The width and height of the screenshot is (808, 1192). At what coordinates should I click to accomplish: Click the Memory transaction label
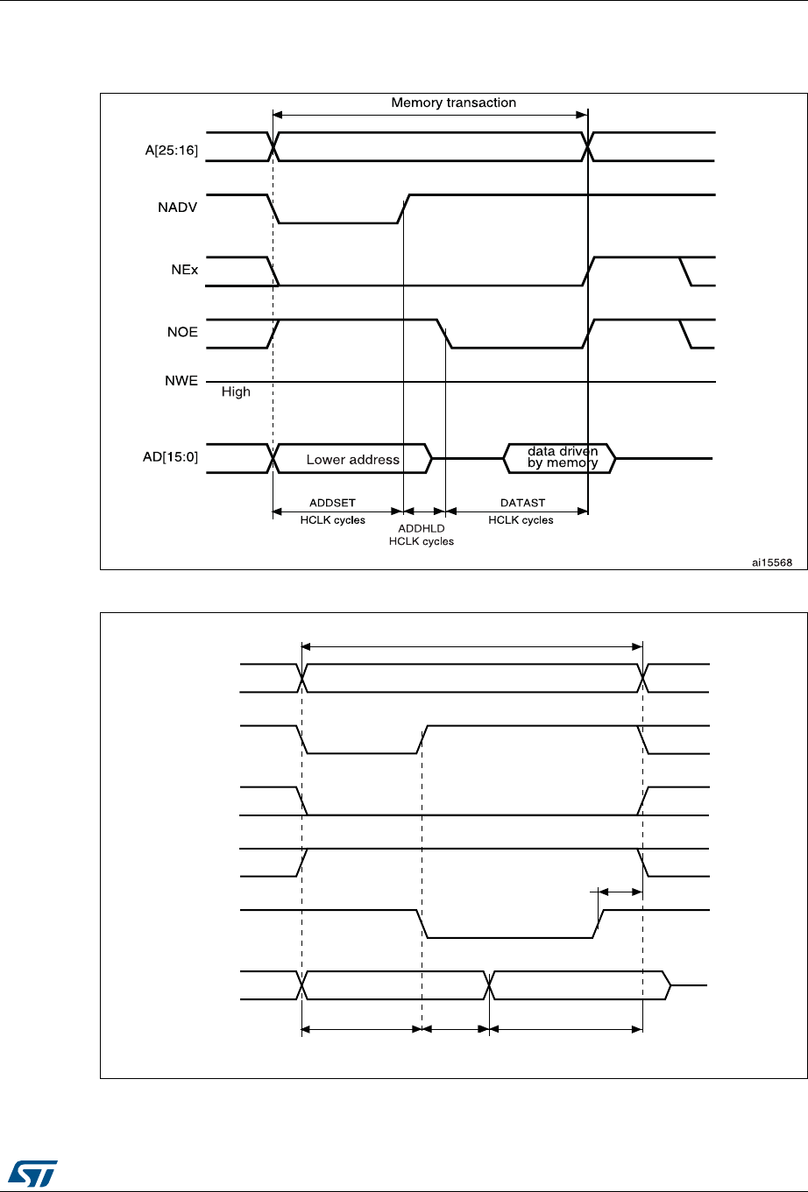pyautogui.click(x=453, y=102)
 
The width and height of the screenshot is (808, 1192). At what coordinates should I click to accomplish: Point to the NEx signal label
pyautogui.click(x=184, y=271)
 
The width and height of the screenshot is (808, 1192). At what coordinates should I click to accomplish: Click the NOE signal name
pyautogui.click(x=183, y=332)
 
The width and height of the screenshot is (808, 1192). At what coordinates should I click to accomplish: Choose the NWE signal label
pyautogui.click(x=182, y=381)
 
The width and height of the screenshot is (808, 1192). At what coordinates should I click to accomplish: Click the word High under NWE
pyautogui.click(x=236, y=391)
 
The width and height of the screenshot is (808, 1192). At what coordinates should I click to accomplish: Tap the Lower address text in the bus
pyautogui.click(x=352, y=459)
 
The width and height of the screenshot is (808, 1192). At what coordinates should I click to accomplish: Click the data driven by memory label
pyautogui.click(x=562, y=457)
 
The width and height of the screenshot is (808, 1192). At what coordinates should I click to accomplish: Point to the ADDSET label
pyautogui.click(x=332, y=504)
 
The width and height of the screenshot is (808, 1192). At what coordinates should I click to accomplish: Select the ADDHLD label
pyautogui.click(x=421, y=529)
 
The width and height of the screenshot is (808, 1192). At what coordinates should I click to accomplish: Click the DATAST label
pyautogui.click(x=521, y=504)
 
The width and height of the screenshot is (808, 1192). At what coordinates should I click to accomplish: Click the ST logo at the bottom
pyautogui.click(x=32, y=1168)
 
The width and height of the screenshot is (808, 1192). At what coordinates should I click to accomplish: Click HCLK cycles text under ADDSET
pyautogui.click(x=332, y=520)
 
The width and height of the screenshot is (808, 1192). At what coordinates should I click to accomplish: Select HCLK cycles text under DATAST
pyautogui.click(x=521, y=520)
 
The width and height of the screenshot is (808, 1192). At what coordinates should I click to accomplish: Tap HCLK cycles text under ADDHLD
pyautogui.click(x=421, y=541)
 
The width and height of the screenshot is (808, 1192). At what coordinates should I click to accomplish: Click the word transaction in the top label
pyautogui.click(x=481, y=102)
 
